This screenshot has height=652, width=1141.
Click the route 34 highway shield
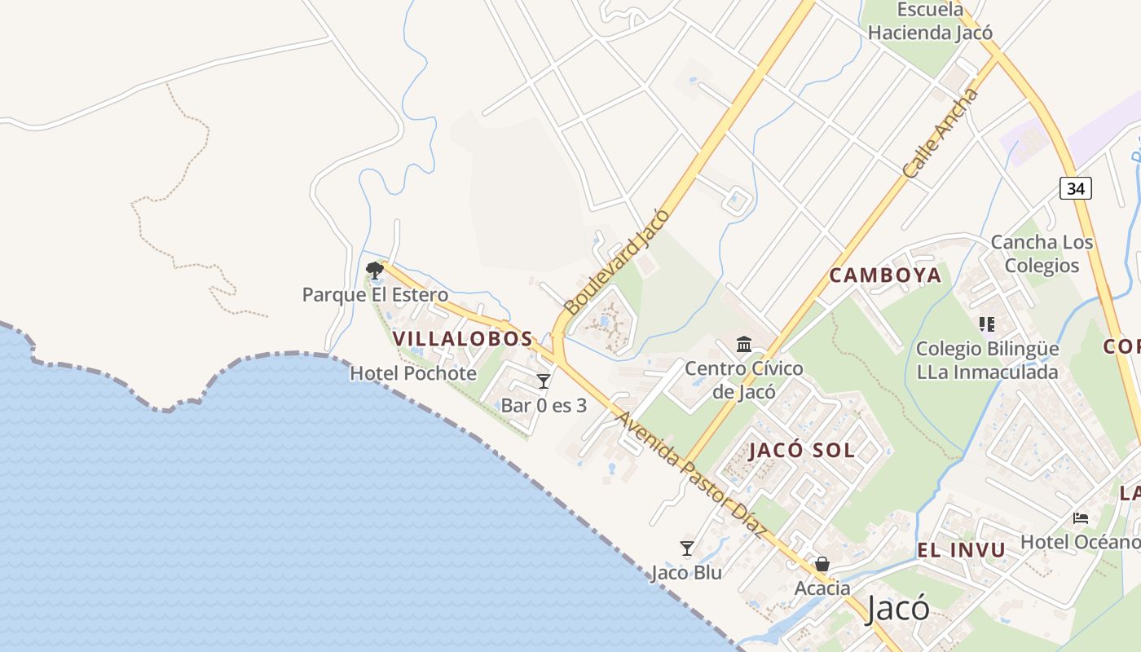[x=1076, y=188]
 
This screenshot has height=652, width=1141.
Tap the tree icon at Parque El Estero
[x=375, y=270]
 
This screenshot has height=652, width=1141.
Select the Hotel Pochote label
[x=413, y=373]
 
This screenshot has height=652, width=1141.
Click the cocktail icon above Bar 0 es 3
[x=544, y=381]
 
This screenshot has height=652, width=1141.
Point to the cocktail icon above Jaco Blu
[x=687, y=548]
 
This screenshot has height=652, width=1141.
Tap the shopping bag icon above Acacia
[x=822, y=564]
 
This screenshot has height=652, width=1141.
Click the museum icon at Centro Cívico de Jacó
[x=744, y=345]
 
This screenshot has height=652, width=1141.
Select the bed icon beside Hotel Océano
[x=1081, y=518]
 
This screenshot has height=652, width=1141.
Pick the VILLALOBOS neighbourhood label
[x=462, y=338]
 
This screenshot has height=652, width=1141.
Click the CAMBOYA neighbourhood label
[x=885, y=275]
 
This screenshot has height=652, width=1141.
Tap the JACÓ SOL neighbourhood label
[x=802, y=450]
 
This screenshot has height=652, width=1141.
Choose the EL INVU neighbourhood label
[x=962, y=550]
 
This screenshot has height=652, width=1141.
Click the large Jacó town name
[x=897, y=608]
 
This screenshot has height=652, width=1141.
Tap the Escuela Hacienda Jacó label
[x=930, y=22]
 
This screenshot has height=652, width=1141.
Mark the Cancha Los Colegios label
[x=1042, y=253]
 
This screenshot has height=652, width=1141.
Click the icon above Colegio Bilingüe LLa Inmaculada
[x=988, y=324]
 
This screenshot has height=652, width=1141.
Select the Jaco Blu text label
[x=686, y=573]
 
